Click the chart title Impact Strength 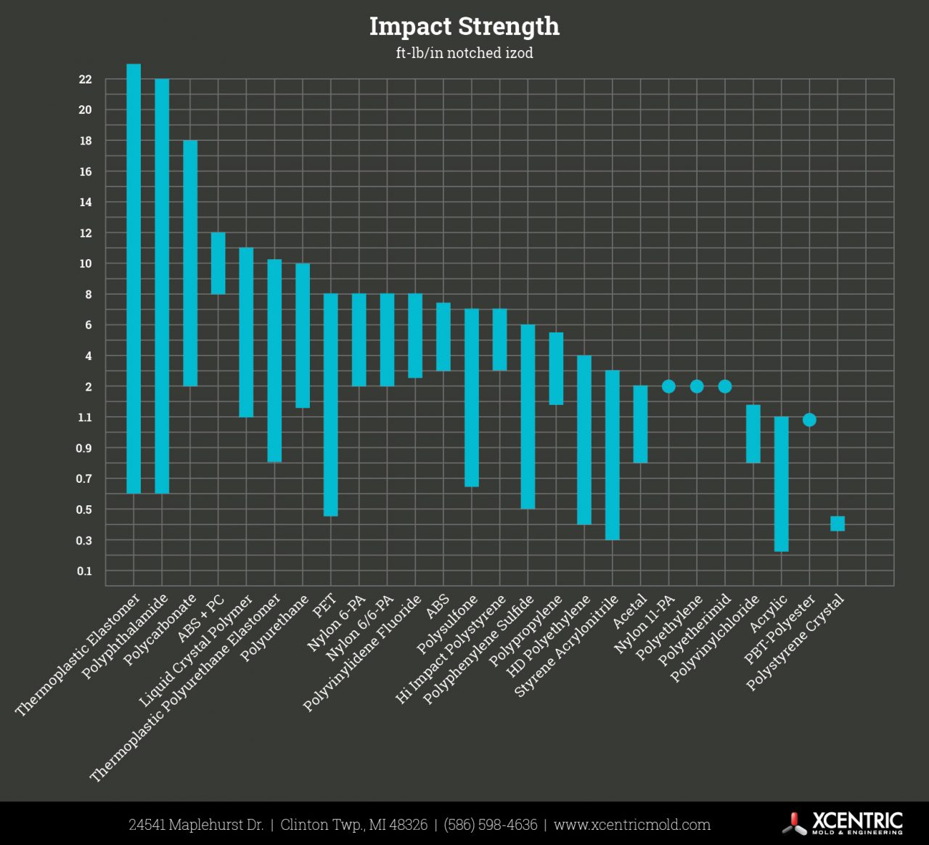[x=464, y=26]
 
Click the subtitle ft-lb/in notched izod [x=464, y=53]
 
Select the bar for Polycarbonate [x=190, y=263]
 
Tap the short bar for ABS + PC [x=218, y=263]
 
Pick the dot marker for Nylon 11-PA [x=668, y=386]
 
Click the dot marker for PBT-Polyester [x=809, y=420]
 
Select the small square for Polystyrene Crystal [x=838, y=523]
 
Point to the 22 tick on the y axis [x=86, y=79]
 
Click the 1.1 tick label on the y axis [x=85, y=417]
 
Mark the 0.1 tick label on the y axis [x=85, y=571]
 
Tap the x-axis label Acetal [x=629, y=612]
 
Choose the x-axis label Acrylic [x=768, y=613]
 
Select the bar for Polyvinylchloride [x=753, y=433]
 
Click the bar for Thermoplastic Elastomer [x=134, y=279]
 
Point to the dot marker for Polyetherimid [x=724, y=386]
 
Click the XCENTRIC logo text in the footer [x=856, y=822]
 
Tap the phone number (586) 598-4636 [x=491, y=825]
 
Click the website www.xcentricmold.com [x=632, y=825]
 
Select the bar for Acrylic [x=782, y=484]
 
